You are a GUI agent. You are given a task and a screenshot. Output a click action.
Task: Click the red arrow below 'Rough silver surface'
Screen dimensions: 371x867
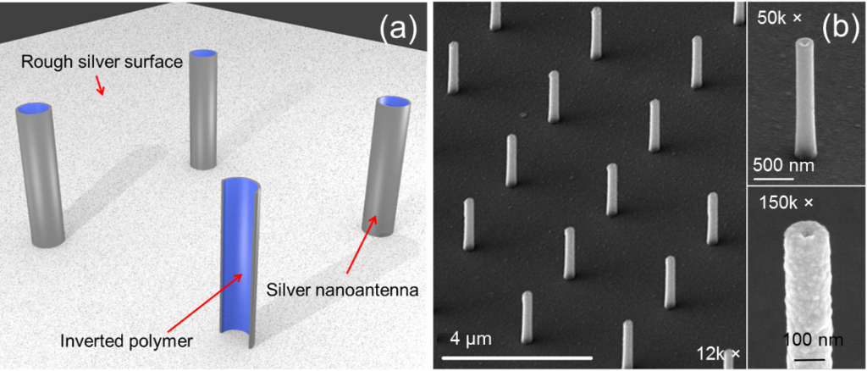[x=100, y=84]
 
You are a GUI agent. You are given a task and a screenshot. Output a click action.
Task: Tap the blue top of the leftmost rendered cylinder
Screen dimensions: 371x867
[x=36, y=109]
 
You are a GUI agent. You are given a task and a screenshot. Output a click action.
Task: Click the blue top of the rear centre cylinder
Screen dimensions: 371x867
[x=203, y=54]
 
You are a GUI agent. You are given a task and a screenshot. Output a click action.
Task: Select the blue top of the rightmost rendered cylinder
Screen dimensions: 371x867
[x=395, y=102]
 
